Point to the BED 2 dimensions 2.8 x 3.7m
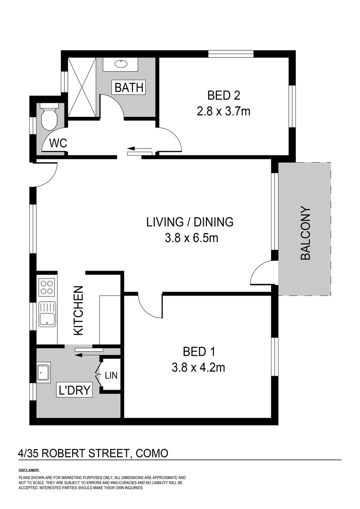click(x=224, y=112)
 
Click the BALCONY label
click(x=306, y=234)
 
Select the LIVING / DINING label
click(x=190, y=221)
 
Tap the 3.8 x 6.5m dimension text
click(x=191, y=238)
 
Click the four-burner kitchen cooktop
click(x=47, y=287)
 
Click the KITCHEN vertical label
click(x=78, y=311)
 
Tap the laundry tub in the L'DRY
click(x=44, y=372)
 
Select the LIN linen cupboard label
click(x=111, y=376)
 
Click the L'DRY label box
click(x=74, y=390)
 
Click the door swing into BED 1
click(x=150, y=306)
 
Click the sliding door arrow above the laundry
click(x=89, y=354)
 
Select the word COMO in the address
click(x=152, y=453)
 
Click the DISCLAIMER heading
click(x=29, y=470)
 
